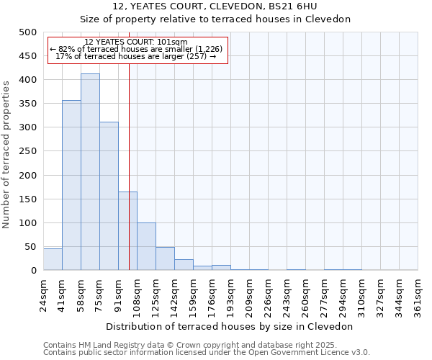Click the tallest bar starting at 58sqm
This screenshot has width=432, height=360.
pyautogui.click(x=90, y=173)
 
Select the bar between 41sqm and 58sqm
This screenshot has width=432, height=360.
pyautogui.click(x=71, y=186)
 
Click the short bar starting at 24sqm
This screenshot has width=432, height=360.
pyautogui.click(x=53, y=260)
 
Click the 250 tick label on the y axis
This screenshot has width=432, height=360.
pyautogui.click(x=28, y=152)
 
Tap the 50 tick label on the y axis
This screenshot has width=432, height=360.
pyautogui.click(x=31, y=247)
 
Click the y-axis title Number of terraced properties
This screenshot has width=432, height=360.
pyautogui.click(x=6, y=154)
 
